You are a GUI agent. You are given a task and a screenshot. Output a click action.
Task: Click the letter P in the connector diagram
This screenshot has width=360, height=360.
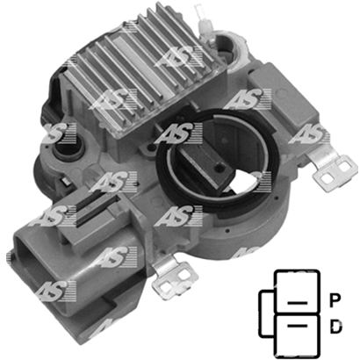point(335,301)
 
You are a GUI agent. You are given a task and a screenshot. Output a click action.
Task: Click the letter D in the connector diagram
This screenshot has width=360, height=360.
point(335,327)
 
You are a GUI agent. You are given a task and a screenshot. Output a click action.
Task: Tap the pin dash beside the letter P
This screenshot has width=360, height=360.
point(298,303)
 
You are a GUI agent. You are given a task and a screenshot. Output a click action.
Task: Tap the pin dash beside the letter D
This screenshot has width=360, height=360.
point(298,326)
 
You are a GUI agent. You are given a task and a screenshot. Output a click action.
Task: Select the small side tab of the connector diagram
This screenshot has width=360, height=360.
point(267,313)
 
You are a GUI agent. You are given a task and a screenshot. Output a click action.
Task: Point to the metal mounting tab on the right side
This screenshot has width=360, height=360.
point(332,169)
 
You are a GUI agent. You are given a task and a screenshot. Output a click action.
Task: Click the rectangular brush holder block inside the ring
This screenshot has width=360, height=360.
point(205,164)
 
